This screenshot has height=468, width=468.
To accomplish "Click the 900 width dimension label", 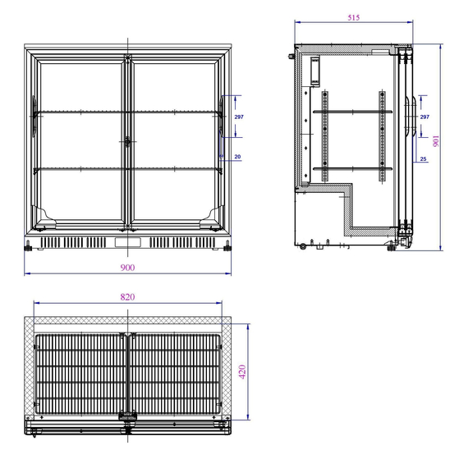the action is point(127,267).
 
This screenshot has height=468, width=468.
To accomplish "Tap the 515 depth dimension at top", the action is point(354,17).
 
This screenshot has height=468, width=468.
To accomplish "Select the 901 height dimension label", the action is point(436,141).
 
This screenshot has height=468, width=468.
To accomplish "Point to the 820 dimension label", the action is point(127,296).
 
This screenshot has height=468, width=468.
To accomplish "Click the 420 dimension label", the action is point(242,372).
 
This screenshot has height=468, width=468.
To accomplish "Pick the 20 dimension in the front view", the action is point(237,157).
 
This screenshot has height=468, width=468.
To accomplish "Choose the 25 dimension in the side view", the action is point(423,158).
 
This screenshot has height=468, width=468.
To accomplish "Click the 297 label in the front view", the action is point(239,117).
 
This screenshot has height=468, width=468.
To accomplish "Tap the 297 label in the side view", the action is point(424,117).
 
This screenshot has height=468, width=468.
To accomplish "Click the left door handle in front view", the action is point(34,117).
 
